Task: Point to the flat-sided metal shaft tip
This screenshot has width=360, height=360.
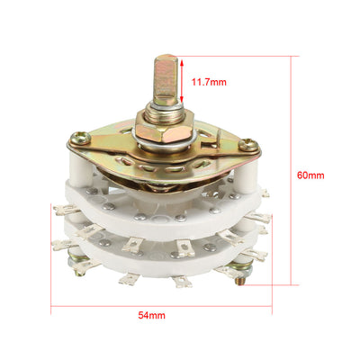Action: [x=166, y=76]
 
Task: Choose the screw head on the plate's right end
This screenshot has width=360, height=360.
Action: [x=250, y=147]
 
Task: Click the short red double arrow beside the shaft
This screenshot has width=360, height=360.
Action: [x=184, y=80]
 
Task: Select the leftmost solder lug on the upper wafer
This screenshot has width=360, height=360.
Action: [x=63, y=210]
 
